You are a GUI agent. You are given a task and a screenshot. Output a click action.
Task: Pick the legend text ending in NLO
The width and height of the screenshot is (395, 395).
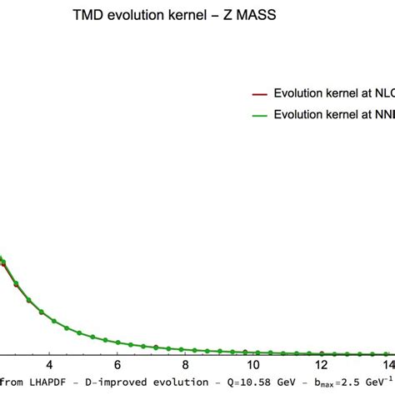click(x=333, y=94)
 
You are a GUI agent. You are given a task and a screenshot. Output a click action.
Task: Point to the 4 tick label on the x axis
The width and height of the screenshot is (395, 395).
click(x=49, y=365)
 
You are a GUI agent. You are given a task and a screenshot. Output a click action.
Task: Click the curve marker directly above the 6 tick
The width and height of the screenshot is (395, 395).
click(x=117, y=342)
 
